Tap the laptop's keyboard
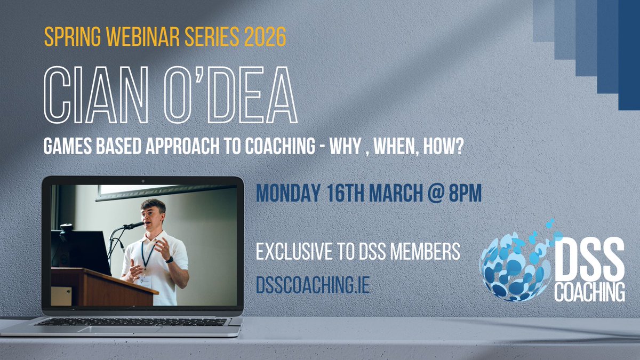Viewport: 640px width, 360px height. (x=131, y=322)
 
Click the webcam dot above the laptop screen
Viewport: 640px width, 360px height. (x=143, y=181)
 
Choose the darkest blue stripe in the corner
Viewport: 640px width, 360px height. (x=629, y=53)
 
